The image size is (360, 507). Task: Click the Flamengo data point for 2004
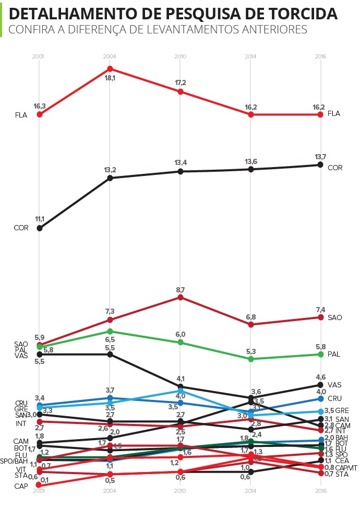pos(110,68)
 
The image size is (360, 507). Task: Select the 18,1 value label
pos(110,78)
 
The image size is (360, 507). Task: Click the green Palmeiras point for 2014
pos(251,359)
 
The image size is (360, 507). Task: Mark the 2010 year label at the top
pos(180,56)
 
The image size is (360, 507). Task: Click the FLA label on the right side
pos(333,114)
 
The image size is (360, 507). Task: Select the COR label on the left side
pos(21,228)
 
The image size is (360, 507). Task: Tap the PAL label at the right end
pos(334,354)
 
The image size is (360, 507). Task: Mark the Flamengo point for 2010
pos(180,91)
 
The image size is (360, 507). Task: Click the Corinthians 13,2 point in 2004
pos(110,178)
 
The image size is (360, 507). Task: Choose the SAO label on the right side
pos(334,317)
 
